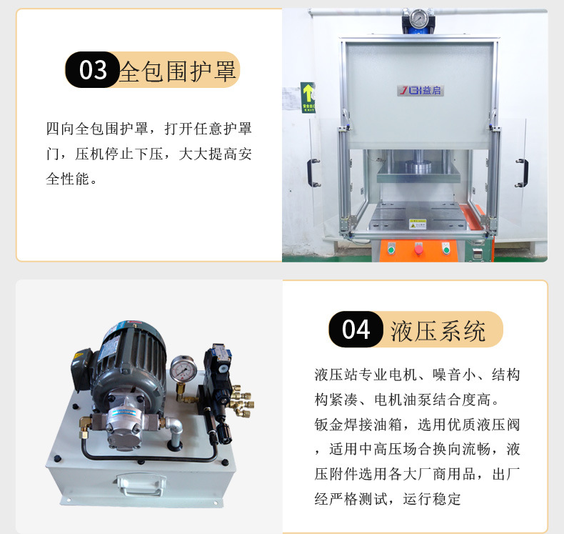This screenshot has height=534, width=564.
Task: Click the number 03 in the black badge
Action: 94,71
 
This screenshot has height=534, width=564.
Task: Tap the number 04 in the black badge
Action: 356,330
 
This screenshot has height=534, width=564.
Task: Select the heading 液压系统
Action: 438,330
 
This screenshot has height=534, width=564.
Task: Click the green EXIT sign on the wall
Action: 307,97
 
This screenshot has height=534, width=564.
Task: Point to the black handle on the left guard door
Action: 313,172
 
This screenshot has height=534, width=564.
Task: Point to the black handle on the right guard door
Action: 522,172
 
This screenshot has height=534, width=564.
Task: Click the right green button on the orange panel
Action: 446,248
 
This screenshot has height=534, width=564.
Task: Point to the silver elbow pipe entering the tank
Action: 172,430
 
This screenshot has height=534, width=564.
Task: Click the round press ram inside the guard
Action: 415,170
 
